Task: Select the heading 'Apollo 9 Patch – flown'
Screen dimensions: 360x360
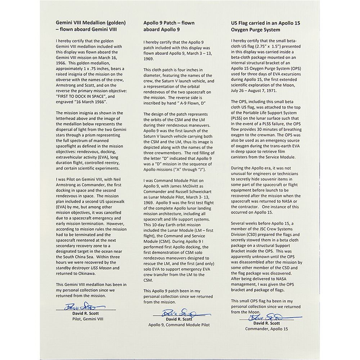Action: pos(169,23)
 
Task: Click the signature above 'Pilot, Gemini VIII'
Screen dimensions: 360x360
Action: pos(85,307)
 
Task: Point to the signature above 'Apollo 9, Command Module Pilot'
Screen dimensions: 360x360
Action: pos(177,312)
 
